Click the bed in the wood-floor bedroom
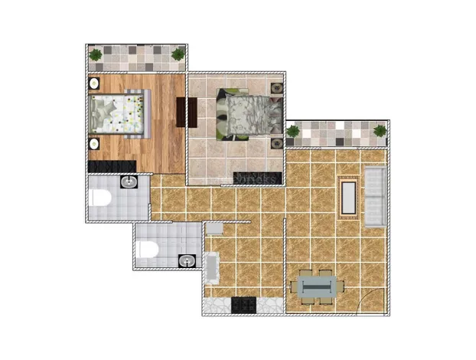(x=117, y=114)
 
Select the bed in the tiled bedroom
(x=246, y=115)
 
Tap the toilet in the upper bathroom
(x=98, y=198)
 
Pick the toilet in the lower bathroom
(x=148, y=249)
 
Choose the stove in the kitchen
(x=243, y=304)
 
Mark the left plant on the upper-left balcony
(x=96, y=54)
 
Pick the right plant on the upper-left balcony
(x=178, y=54)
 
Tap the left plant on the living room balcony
(x=292, y=131)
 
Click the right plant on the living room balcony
(x=380, y=131)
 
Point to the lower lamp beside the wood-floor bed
(x=93, y=143)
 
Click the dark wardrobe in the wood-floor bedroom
(x=112, y=165)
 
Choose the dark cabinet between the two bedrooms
(x=183, y=112)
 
